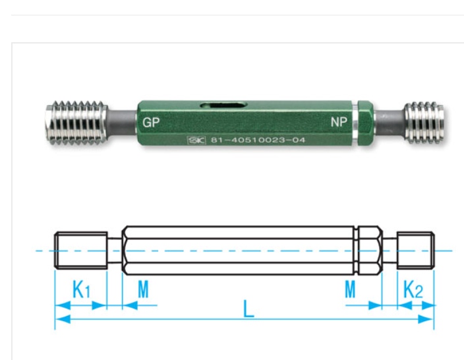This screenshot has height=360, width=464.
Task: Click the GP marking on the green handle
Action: click(x=151, y=122)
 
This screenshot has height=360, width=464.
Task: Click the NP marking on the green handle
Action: click(x=338, y=122)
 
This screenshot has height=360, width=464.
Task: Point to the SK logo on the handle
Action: click(x=195, y=140)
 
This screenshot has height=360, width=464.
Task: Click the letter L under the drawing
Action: click(x=248, y=309)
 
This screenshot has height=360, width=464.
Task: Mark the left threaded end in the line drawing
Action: click(x=80, y=250)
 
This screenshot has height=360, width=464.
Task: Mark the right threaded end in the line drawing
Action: click(x=416, y=250)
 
